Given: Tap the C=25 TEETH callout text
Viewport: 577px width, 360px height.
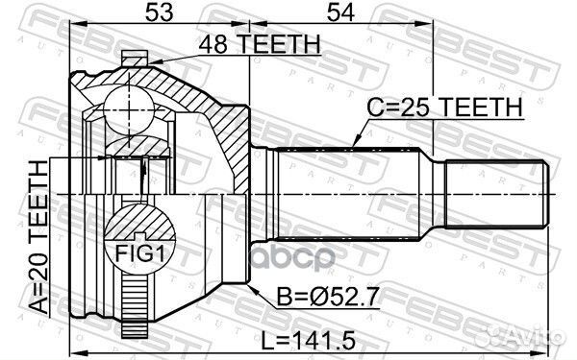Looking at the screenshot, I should (443, 108).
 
